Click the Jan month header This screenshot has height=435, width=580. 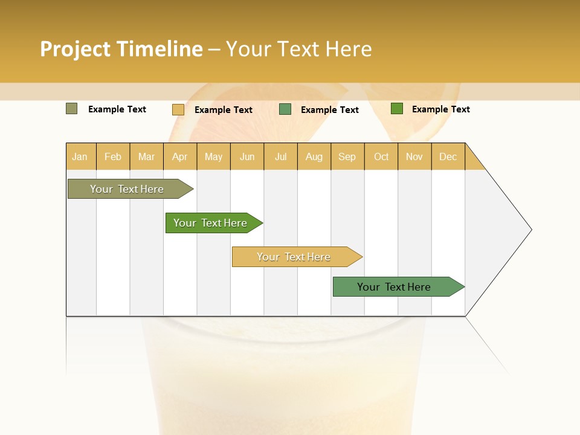pos(80,156)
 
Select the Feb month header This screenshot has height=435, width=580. pos(113,156)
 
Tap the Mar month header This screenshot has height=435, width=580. pos(146,156)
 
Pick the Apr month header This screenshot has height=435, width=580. pos(180,156)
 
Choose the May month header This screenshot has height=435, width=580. pos(213,156)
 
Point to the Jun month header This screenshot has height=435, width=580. pos(247,156)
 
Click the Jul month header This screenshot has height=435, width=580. pos(280,156)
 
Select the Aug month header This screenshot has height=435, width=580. pos(314,156)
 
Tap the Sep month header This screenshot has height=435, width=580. pos(347,156)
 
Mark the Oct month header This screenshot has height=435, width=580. pos(381,156)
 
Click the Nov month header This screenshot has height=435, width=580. pos(414,156)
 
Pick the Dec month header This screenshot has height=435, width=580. pos(448,156)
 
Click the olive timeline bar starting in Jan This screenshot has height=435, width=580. pos(127,189)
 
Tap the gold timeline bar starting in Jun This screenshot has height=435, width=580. pos(294,257)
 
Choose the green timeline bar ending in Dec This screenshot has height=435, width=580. pos(395,287)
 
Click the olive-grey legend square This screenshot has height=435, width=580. pos(72,109)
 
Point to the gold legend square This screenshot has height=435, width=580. pos(178,109)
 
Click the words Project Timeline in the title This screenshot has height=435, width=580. pos(121,49)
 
